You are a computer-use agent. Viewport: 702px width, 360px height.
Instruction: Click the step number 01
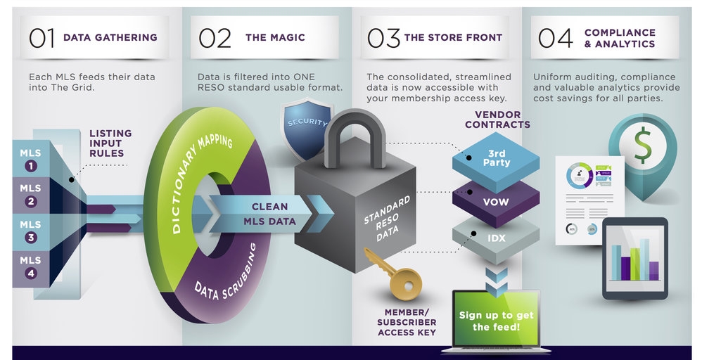[x=42, y=38]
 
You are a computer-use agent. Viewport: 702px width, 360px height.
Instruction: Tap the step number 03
[x=383, y=38]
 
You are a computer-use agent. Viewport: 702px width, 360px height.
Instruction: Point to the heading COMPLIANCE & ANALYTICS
[x=619, y=38]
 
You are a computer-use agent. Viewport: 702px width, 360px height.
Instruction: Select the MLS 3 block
[x=30, y=231]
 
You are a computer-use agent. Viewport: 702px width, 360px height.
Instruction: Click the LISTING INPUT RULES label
[x=110, y=144]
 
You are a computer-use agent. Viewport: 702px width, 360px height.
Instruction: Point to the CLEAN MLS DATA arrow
[x=271, y=214]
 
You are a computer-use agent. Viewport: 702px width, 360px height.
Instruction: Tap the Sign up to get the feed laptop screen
[x=495, y=320]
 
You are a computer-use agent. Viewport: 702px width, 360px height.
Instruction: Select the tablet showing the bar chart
[x=634, y=257]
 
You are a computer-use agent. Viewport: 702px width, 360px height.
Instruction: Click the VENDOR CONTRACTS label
[x=497, y=120]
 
